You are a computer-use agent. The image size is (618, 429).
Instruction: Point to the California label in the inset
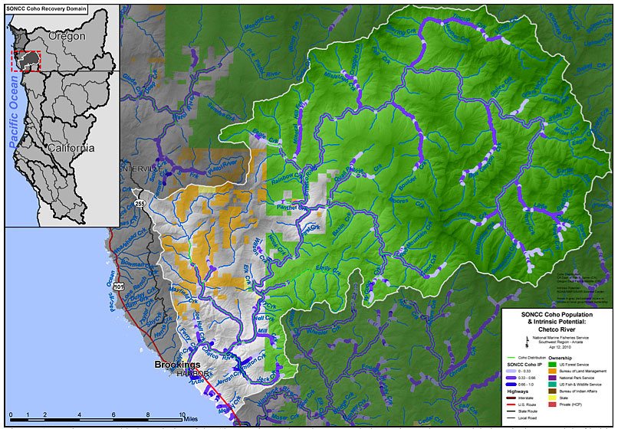(x=68, y=147)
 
